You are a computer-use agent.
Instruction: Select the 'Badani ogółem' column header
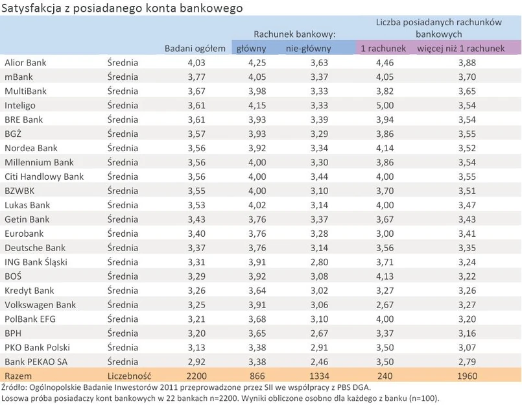click(x=195, y=49)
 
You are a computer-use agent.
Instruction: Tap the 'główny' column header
click(x=250, y=49)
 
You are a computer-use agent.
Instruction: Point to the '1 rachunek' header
click(x=383, y=49)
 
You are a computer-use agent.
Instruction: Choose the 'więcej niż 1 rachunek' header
click(x=460, y=49)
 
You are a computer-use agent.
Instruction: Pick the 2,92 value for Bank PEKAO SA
click(x=196, y=361)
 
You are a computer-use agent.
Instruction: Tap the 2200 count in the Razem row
click(x=196, y=376)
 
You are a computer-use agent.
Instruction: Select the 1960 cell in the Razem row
click(x=466, y=376)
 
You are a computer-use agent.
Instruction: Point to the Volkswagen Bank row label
click(x=40, y=304)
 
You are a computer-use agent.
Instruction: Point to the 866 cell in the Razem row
click(x=250, y=376)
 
